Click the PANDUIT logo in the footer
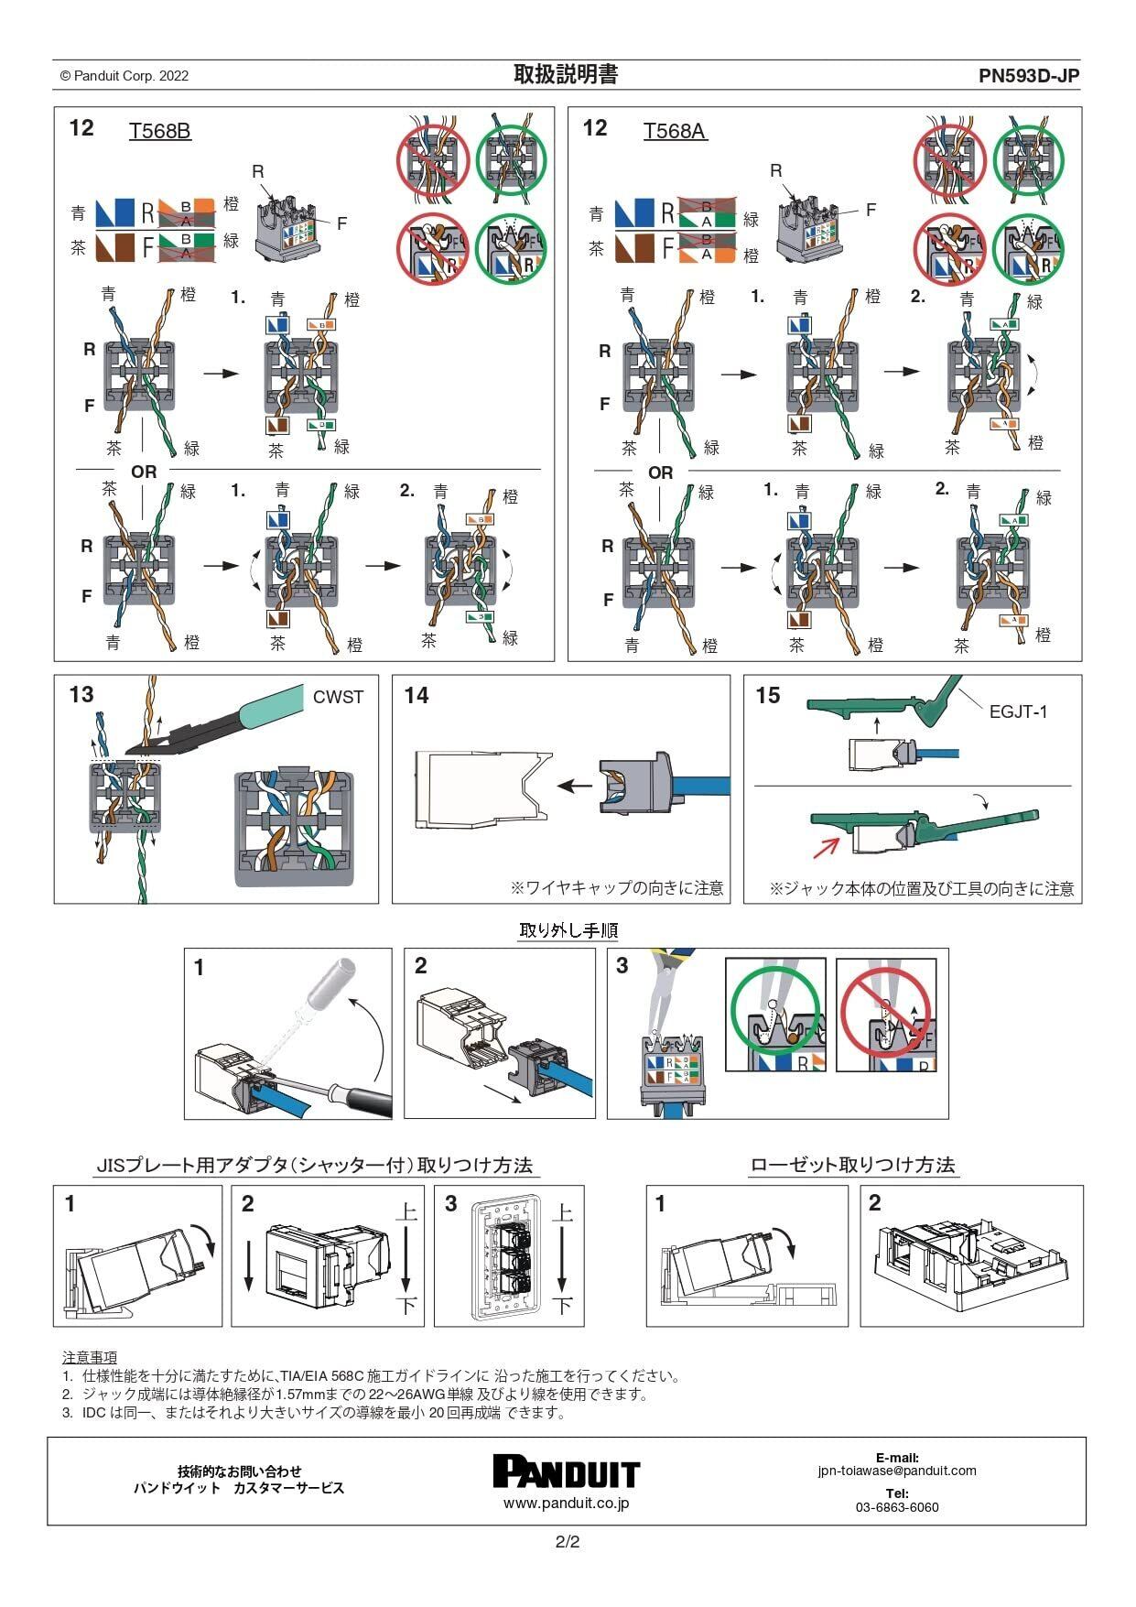point(566,1471)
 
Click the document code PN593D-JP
point(1029,76)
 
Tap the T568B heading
point(159,131)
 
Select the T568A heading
point(675,131)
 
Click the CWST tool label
point(338,697)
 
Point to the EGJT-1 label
point(1018,711)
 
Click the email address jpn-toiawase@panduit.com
point(897,1471)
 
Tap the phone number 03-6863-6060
point(897,1507)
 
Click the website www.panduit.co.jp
point(566,1504)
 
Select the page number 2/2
point(568,1542)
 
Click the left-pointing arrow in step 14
point(575,786)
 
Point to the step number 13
point(81,695)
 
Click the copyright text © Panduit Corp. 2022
point(124,76)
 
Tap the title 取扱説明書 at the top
point(566,75)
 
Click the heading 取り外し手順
point(568,930)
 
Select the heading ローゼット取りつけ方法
point(852,1165)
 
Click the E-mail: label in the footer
point(897,1458)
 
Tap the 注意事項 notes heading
point(90,1357)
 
